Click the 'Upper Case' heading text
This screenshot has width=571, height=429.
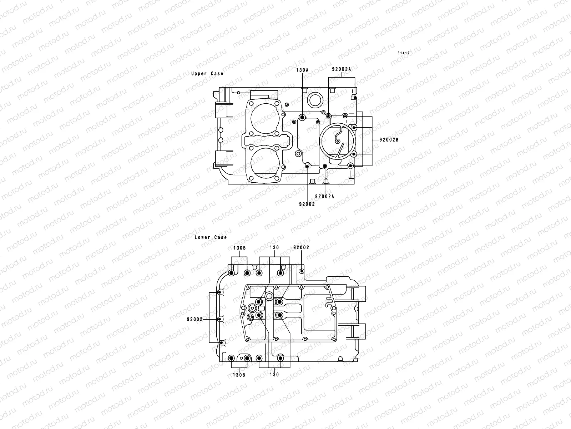coord(207,74)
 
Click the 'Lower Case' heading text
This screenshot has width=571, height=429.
coord(211,237)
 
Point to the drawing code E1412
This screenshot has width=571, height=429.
coord(404,53)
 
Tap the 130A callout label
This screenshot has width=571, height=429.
coord(302,70)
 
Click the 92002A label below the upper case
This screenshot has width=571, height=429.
coord(324,196)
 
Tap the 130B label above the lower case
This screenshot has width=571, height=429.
coord(239,247)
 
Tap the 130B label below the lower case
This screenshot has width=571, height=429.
coord(239,375)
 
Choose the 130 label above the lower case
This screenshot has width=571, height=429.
coord(274,247)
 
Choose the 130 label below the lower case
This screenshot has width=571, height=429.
coord(274,375)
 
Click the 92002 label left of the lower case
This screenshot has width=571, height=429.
coord(194,319)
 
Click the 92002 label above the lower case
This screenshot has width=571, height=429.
coord(301,247)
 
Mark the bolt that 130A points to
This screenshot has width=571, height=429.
coord(302,118)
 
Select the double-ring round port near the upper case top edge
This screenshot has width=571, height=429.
coord(315,99)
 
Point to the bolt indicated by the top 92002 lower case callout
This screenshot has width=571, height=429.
coord(302,271)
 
